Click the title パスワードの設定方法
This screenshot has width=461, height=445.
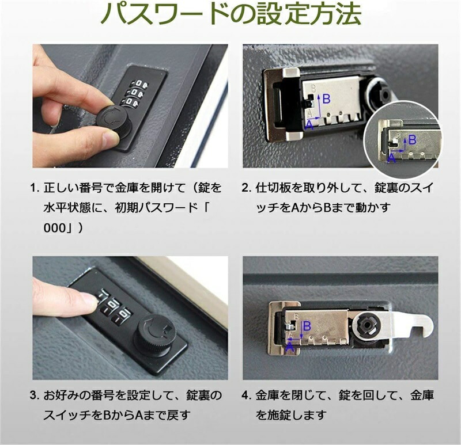(x=231, y=13)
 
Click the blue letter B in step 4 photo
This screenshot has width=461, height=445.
(x=307, y=326)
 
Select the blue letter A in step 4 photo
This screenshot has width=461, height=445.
(x=290, y=348)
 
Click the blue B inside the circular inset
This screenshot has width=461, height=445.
(x=412, y=140)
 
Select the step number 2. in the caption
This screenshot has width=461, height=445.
(x=247, y=188)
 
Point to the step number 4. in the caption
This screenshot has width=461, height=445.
(x=247, y=395)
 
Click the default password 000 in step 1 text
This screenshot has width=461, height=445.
(x=54, y=228)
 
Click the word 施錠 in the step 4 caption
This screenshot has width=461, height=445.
(x=279, y=415)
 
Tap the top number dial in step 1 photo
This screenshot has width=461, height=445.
(x=138, y=85)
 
